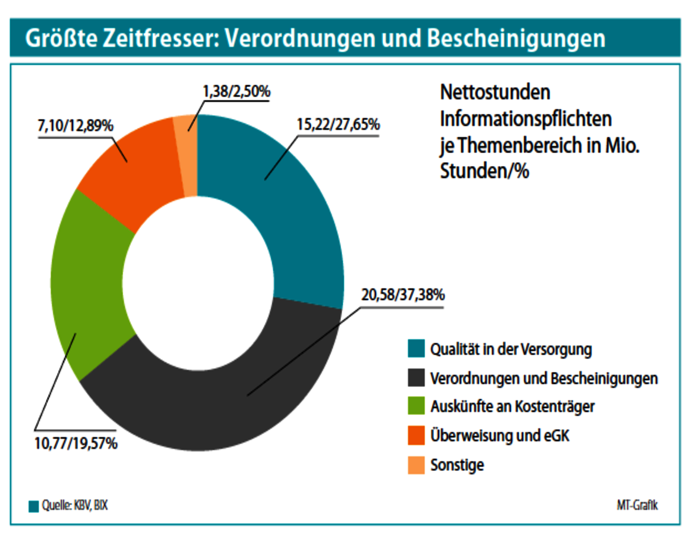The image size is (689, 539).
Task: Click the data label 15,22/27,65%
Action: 338,125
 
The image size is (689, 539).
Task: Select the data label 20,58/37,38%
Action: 403,295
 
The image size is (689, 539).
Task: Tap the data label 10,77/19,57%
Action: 76,444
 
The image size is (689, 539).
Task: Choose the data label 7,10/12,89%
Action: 75,126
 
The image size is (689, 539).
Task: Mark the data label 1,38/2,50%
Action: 236,92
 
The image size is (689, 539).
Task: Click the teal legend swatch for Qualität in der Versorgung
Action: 416,349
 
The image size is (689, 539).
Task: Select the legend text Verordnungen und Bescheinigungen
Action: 544,378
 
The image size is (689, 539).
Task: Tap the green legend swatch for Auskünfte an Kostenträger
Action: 416,406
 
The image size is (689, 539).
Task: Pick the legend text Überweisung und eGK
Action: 500,436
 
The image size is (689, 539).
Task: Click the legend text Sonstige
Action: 457,465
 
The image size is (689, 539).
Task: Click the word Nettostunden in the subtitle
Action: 495,92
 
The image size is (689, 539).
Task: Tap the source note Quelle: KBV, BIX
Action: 75,506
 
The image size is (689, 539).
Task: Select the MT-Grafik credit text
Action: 637,506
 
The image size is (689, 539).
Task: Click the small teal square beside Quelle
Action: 33,506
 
